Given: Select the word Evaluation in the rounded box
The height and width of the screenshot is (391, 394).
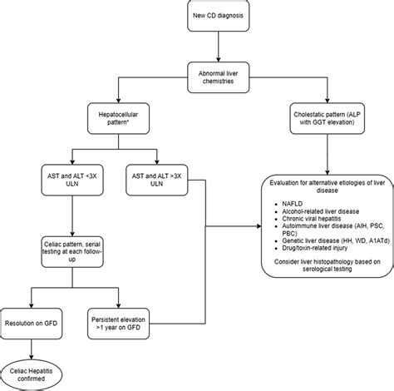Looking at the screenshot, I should pyautogui.click(x=286, y=181).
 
